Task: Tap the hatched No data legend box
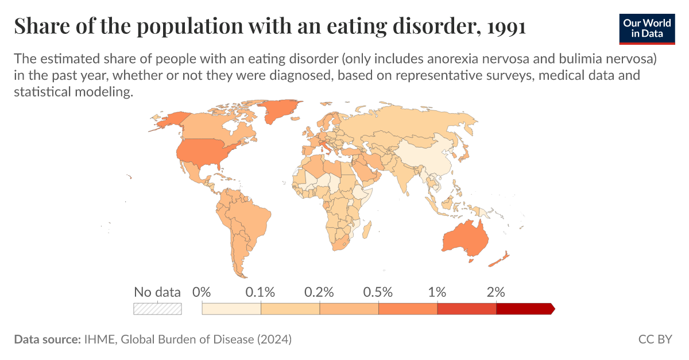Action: pyautogui.click(x=157, y=309)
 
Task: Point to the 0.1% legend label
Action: pyautogui.click(x=261, y=292)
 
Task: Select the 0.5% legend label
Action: pyautogui.click(x=378, y=292)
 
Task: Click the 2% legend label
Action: pyautogui.click(x=496, y=292)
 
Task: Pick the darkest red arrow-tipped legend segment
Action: pyautogui.click(x=524, y=309)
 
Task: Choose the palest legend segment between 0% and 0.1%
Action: pyautogui.click(x=231, y=309)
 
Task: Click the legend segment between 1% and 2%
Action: pyautogui.click(x=466, y=309)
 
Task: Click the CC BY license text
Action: pyautogui.click(x=655, y=339)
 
